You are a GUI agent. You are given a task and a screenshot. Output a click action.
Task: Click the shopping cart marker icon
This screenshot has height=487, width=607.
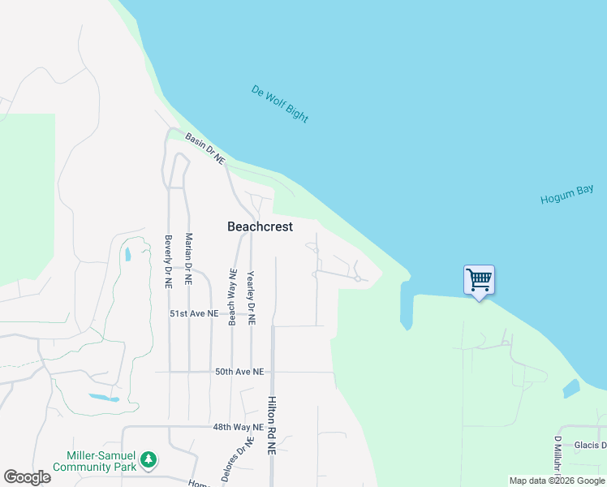point(479,280)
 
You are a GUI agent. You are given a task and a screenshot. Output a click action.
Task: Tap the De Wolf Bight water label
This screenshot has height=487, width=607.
point(280,104)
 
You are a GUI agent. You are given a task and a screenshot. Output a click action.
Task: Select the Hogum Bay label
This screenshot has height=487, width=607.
point(567,195)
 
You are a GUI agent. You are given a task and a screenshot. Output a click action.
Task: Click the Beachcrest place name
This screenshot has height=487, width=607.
point(260,227)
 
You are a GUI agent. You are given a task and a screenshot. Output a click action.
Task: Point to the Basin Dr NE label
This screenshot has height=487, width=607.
point(204,149)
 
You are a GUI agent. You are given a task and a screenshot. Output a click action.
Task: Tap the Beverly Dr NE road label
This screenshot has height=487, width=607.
point(168,262)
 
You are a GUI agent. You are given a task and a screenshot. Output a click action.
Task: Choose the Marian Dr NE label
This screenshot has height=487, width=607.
point(188,260)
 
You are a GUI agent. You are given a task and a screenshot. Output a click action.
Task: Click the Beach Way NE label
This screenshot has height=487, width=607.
point(232,297)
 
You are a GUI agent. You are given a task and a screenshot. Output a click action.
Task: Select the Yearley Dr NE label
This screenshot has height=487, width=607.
point(251,298)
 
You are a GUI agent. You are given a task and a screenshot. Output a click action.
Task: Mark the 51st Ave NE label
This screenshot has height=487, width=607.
point(194,313)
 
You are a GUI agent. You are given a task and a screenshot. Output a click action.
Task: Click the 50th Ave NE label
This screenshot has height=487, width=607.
point(239,372)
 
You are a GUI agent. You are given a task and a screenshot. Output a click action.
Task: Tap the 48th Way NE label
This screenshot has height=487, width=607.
point(239,427)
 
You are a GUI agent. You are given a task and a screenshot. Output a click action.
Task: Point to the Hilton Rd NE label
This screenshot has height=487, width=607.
point(272,425)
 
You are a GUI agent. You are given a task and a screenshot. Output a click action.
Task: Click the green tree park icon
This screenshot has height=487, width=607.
point(148,460)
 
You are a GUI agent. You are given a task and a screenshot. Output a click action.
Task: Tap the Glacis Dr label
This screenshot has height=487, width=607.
point(590,445)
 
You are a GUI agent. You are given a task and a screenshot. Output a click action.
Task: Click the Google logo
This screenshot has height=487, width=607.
point(27,477)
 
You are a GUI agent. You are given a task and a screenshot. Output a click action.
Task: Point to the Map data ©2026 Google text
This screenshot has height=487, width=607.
point(557,481)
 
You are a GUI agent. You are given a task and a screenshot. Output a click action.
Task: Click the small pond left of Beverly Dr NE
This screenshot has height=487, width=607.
point(127,255)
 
